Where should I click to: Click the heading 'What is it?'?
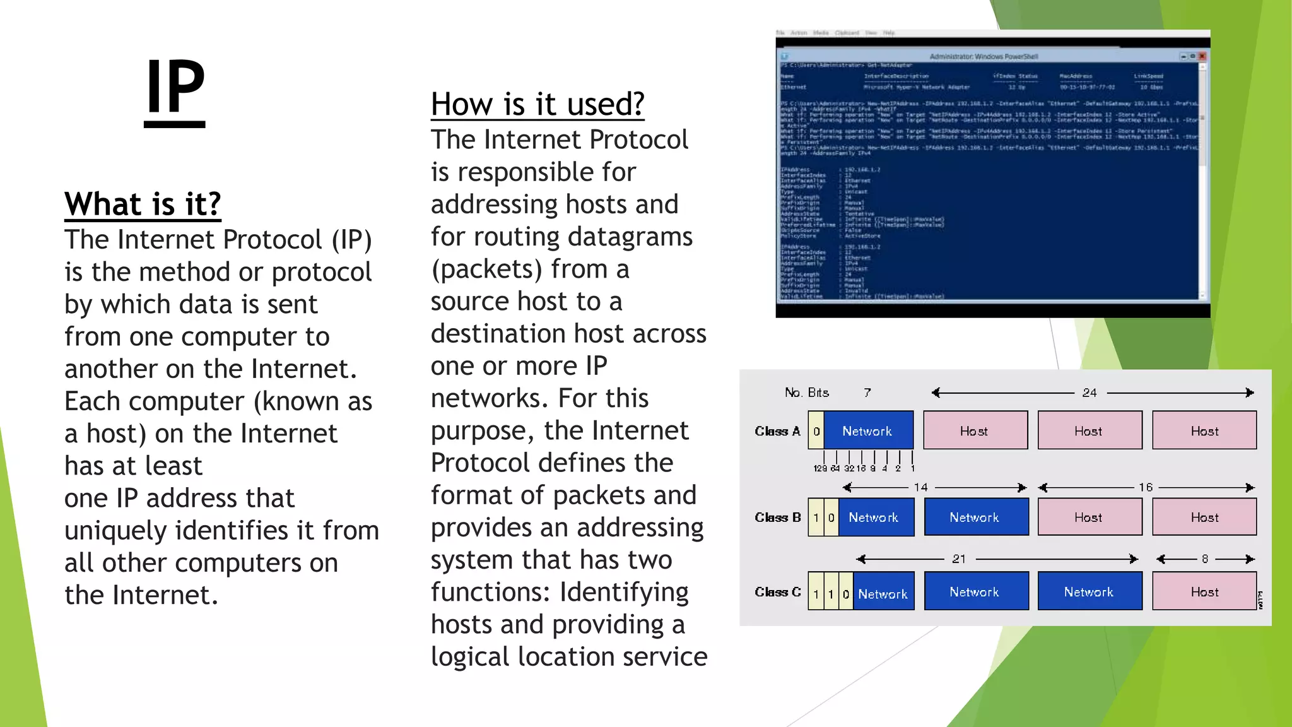143,204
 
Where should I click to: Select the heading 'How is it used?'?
537,104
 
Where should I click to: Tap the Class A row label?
777,431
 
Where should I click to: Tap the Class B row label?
777,517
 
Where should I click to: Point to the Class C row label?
777,592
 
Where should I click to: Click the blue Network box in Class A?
867,431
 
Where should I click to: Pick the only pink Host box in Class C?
1204,592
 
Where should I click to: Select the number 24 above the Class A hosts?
1089,393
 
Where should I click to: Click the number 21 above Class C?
959,559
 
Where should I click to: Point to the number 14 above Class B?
921,487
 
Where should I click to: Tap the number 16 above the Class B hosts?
1146,487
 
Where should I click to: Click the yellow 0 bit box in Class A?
816,431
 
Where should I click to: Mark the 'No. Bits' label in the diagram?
807,393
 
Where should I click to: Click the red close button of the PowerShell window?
1202,56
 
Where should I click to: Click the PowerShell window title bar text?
984,56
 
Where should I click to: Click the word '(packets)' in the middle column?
486,269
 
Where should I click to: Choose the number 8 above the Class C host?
1205,559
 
